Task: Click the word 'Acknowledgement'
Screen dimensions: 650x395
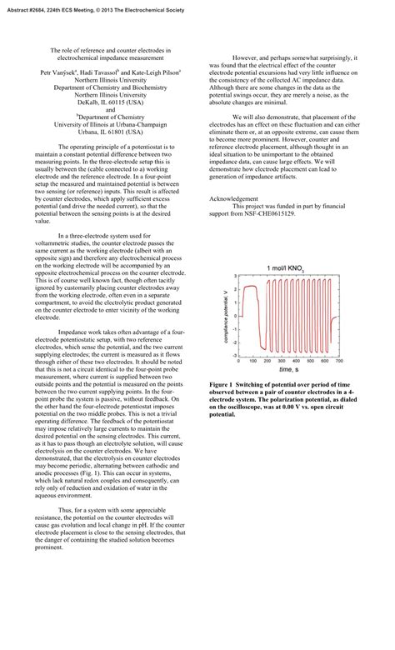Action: (x=233, y=199)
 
